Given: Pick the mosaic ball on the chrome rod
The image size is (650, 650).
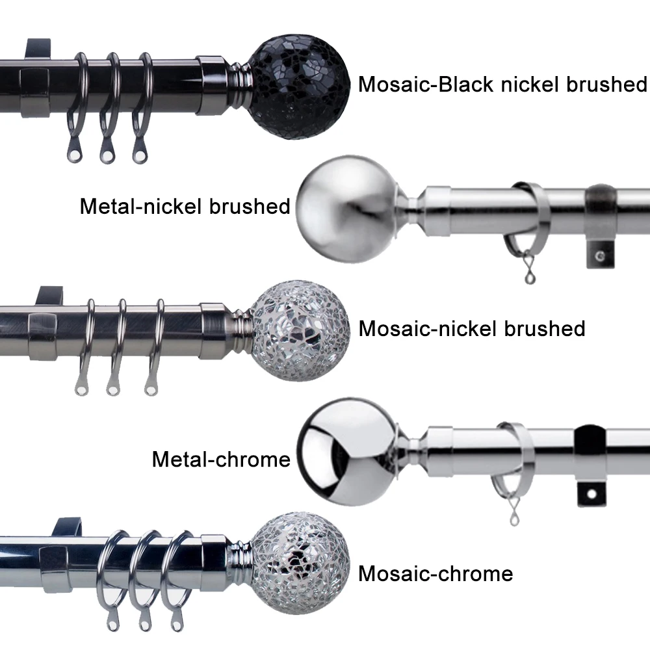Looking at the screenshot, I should (x=300, y=561).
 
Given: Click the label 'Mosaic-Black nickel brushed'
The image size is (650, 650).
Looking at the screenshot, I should (x=503, y=84).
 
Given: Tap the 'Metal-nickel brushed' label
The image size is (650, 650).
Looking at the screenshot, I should (x=185, y=207).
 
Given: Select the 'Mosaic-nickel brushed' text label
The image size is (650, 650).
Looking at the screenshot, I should (x=472, y=328).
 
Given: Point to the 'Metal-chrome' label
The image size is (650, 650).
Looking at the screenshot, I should (x=221, y=460).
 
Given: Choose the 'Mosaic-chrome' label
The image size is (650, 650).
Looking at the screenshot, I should (x=435, y=574).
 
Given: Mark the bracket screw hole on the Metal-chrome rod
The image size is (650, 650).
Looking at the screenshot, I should (x=591, y=495).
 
